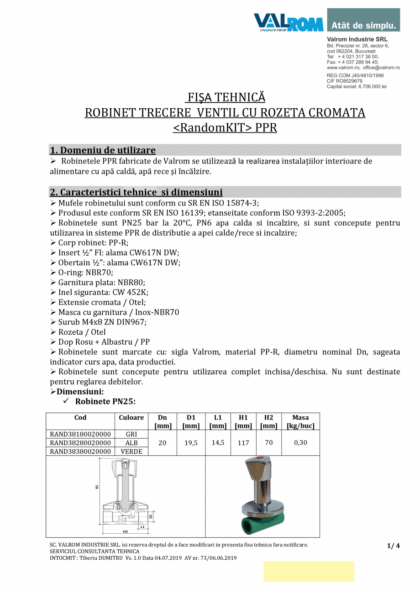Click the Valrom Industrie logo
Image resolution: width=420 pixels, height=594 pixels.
coord(288,22)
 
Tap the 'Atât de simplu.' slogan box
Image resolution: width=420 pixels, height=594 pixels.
coord(363,21)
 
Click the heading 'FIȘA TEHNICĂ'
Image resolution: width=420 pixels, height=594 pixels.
coord(225,97)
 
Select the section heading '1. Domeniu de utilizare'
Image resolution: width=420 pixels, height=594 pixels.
coord(102,150)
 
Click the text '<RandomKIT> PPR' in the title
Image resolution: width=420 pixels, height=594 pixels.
coord(225,127)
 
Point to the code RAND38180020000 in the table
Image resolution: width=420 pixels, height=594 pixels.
coord(80,434)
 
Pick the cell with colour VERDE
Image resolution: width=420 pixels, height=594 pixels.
coord(131,451)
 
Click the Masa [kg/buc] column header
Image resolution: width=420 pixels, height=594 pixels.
coord(300,421)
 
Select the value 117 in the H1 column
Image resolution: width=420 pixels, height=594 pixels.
coord(243,443)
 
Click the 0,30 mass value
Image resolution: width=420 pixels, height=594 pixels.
coord(300,443)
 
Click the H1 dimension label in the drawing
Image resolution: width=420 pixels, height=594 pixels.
coord(97,487)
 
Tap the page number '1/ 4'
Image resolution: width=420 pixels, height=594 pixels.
coord(393,546)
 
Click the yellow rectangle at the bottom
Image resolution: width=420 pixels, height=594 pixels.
coord(309,571)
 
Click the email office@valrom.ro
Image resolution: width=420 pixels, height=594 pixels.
coord(382,67)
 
